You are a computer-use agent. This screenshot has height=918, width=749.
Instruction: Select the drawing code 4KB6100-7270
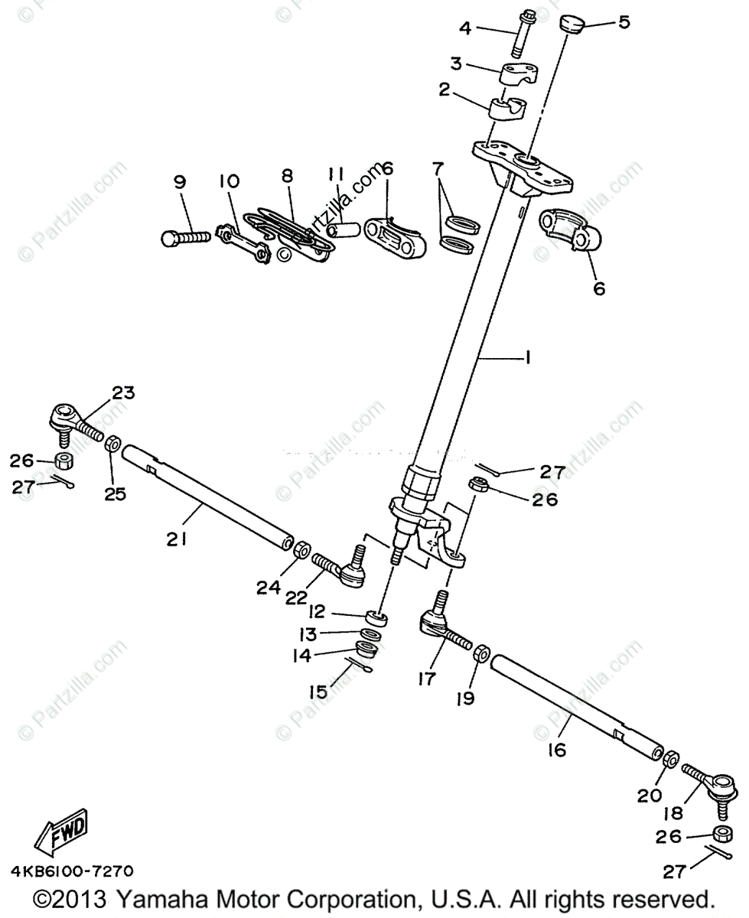72,871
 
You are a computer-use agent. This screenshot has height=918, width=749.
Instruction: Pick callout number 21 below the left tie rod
177,539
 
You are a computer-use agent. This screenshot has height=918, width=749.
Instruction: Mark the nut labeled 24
301,549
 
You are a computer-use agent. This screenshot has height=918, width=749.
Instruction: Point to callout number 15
318,692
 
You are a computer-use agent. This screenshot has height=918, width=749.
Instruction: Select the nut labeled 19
482,654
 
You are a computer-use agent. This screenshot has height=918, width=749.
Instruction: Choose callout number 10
229,181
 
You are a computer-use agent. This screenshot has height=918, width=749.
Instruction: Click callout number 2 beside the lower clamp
444,90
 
